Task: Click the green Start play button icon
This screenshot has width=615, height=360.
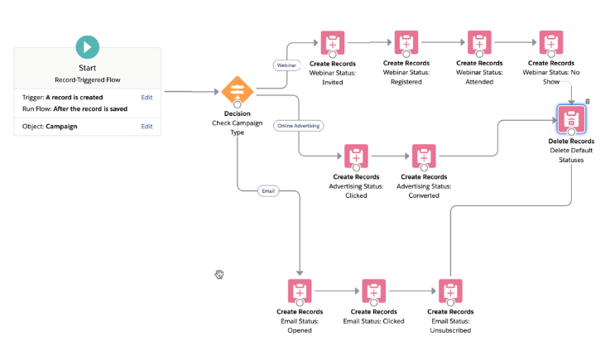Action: point(87,46)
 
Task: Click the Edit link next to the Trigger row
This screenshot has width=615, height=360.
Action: point(147,97)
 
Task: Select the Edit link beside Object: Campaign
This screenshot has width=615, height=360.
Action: point(147,126)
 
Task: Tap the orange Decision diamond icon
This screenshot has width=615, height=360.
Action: point(237,92)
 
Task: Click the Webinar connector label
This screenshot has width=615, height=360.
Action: point(286,64)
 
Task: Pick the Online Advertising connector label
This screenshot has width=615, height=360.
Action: point(298,125)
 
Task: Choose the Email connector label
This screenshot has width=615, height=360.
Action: point(267,190)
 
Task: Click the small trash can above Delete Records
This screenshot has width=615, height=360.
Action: point(588,102)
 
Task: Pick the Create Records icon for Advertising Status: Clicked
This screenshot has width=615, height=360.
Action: point(356,156)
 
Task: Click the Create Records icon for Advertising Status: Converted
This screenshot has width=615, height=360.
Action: point(424,156)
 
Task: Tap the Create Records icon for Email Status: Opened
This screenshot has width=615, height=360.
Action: point(300,291)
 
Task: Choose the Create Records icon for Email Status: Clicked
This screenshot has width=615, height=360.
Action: point(373,291)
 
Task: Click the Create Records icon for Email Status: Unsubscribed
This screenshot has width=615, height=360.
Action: point(449,291)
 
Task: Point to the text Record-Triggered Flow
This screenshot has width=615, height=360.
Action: point(87,81)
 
